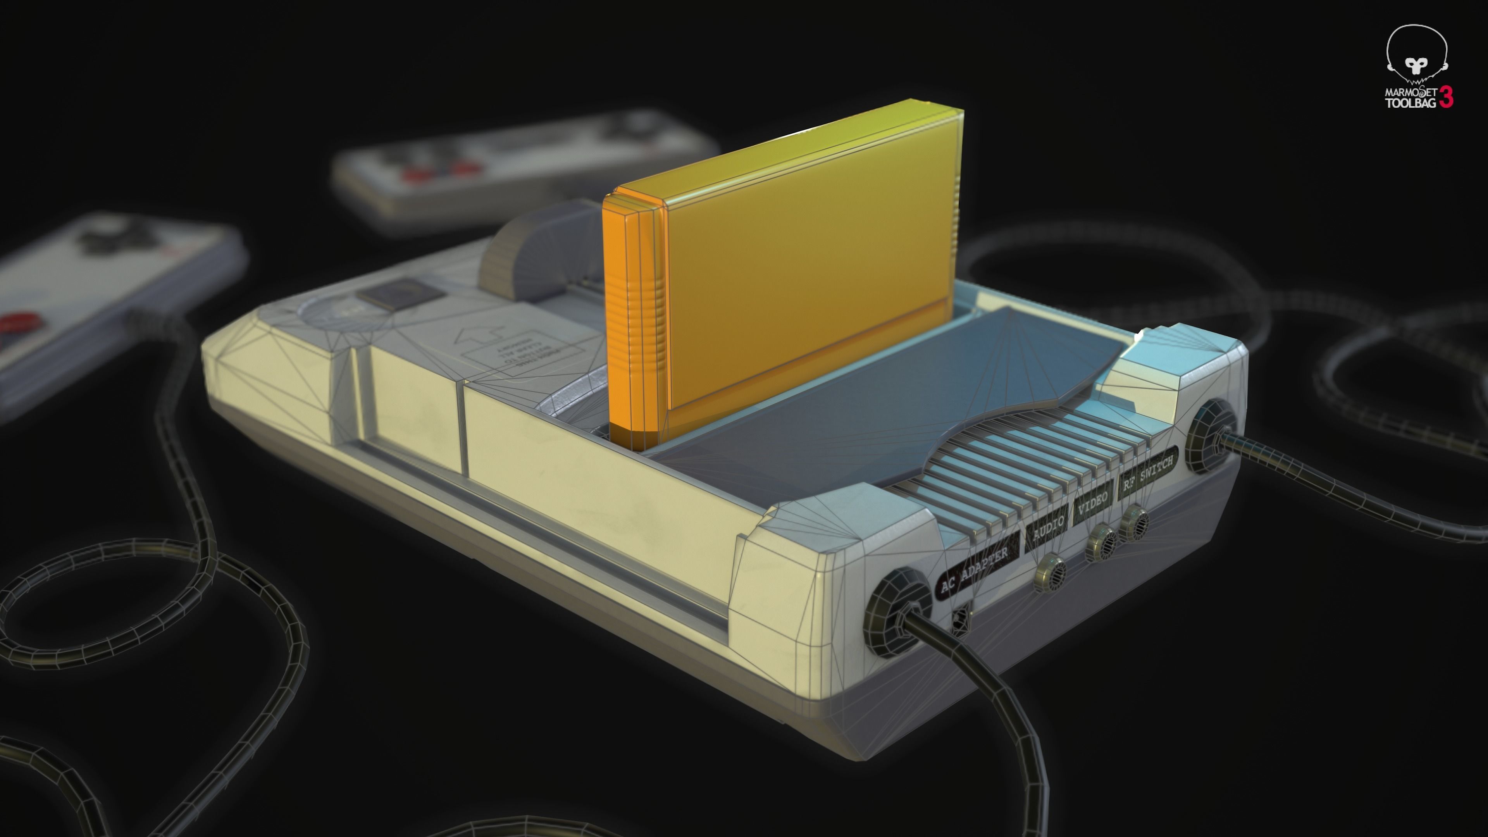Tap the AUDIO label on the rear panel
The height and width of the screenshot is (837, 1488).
tap(1049, 529)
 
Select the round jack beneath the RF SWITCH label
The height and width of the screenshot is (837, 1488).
tap(1135, 522)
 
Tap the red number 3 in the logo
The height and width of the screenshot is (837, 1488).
tap(1446, 97)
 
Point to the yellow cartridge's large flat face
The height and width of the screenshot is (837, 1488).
tap(809, 254)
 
